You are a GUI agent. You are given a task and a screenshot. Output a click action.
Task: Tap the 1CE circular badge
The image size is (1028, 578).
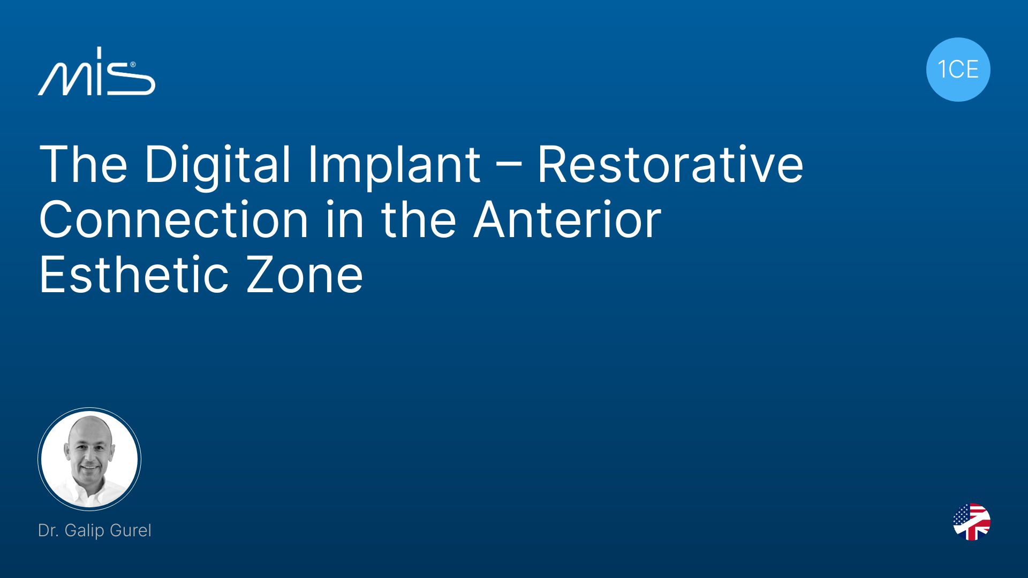(958, 70)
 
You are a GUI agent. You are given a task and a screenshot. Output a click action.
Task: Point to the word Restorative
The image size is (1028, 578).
(670, 164)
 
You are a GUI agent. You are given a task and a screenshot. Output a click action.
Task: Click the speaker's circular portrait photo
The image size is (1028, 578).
(89, 459)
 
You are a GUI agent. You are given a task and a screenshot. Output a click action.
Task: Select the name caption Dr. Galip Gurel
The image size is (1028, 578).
(95, 530)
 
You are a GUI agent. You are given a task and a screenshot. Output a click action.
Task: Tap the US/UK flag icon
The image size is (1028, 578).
(972, 522)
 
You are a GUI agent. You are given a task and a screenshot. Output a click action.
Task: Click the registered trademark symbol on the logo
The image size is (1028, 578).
(132, 65)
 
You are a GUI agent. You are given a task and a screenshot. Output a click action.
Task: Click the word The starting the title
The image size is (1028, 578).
(84, 164)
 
